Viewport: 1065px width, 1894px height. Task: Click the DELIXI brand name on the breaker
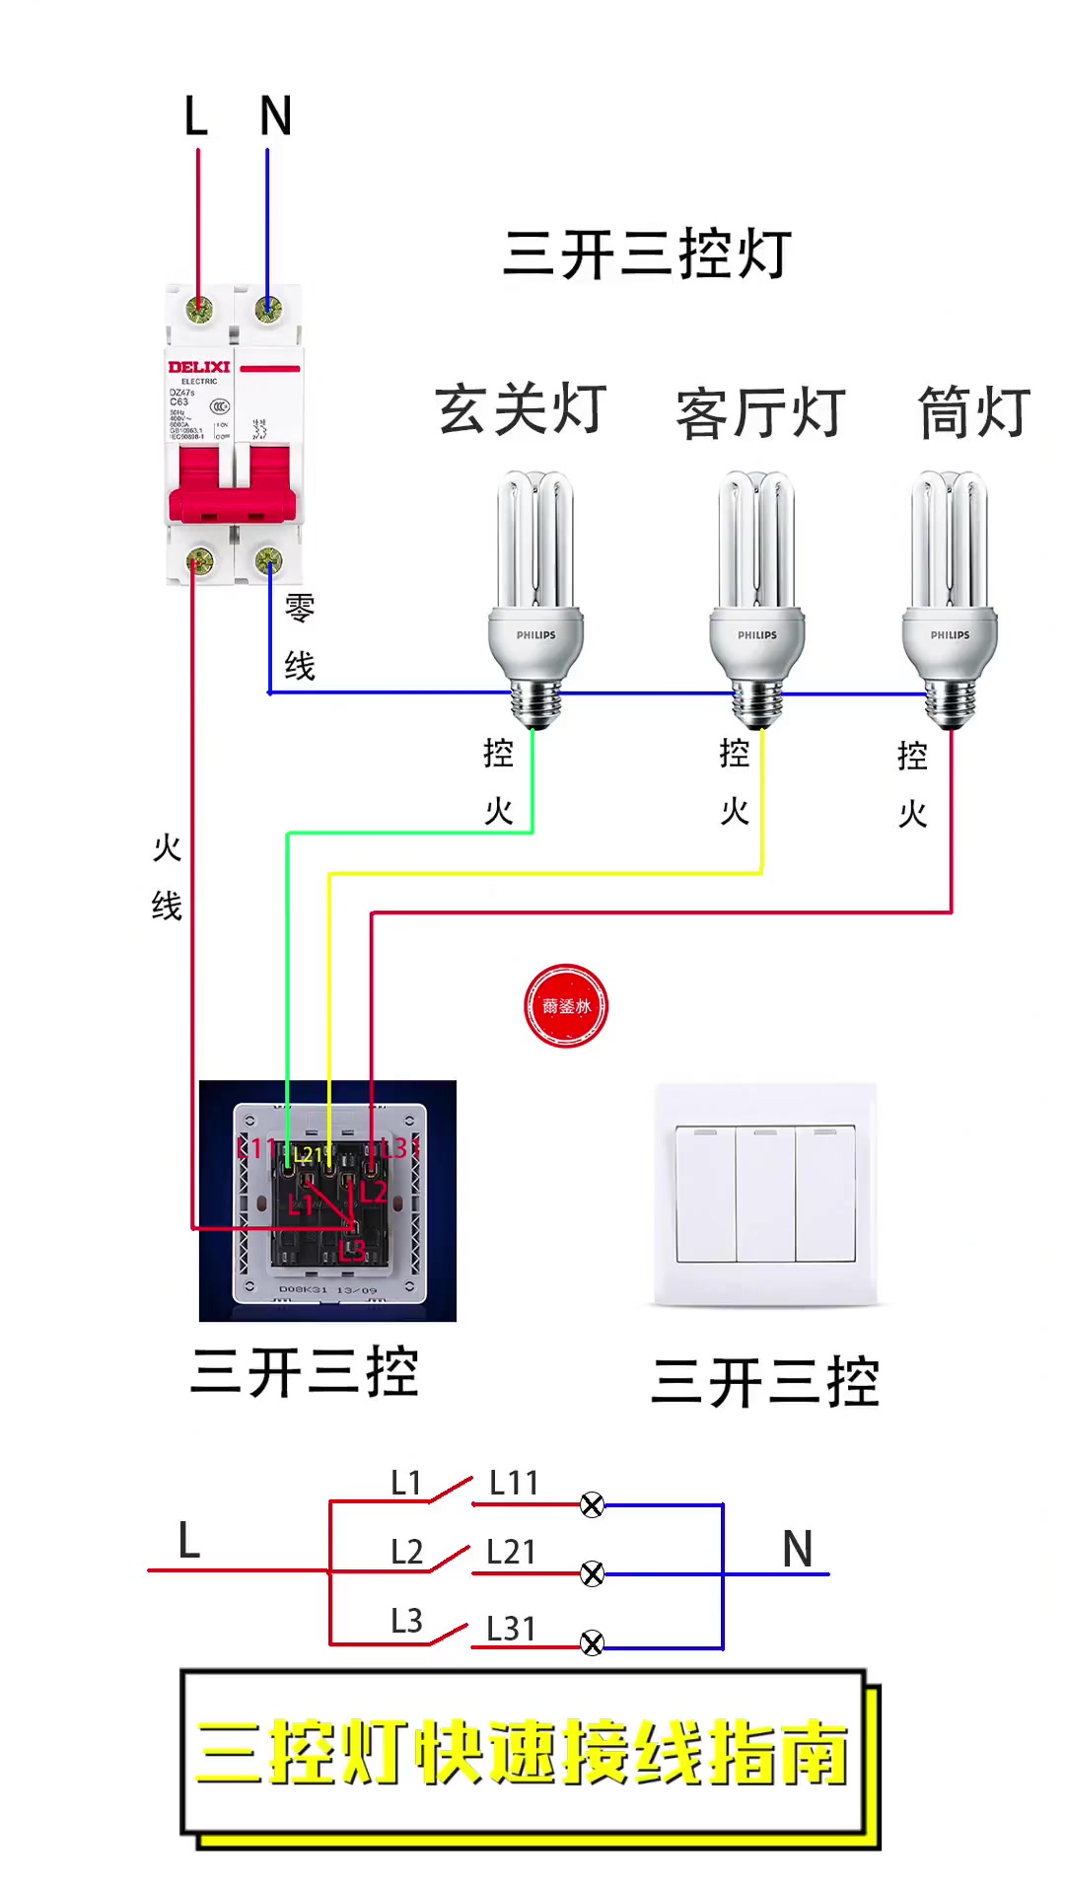[198, 367]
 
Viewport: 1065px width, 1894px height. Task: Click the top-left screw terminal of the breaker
[199, 310]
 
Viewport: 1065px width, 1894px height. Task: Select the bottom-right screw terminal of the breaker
[268, 562]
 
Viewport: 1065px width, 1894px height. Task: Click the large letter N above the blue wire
[275, 116]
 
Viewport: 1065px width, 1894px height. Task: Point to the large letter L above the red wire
[195, 116]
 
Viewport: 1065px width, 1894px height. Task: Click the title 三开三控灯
[647, 255]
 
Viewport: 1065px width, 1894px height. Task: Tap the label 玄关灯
[521, 409]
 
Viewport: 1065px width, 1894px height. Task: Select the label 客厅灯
[760, 413]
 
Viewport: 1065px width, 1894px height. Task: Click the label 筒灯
[973, 412]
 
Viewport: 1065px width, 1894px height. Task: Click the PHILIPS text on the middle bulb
[756, 635]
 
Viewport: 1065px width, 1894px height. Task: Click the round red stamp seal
[565, 1006]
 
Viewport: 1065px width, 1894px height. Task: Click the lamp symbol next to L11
[592, 1505]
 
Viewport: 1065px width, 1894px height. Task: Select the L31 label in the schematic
[511, 1629]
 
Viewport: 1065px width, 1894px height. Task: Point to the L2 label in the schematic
[406, 1552]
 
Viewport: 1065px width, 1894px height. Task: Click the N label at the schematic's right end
[797, 1549]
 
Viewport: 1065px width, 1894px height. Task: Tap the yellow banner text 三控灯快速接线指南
[523, 1753]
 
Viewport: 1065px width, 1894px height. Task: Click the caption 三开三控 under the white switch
[764, 1382]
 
